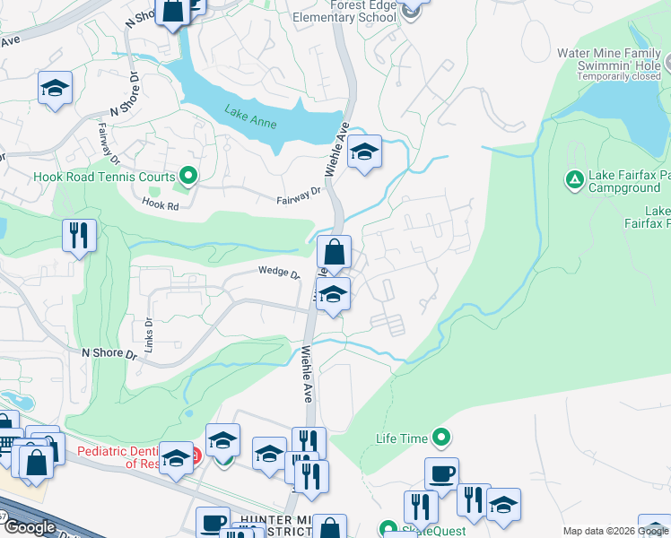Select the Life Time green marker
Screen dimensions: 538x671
pos(440,438)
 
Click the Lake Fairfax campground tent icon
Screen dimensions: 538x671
pos(575,180)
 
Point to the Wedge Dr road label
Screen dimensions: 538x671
pos(278,272)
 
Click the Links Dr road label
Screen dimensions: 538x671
pos(149,331)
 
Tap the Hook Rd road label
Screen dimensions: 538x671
pos(161,204)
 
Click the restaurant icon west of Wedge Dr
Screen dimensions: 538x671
pos(80,236)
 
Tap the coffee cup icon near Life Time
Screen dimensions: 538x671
pos(441,474)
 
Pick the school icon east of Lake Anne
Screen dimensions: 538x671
pos(364,152)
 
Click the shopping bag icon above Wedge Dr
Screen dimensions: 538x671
pos(334,253)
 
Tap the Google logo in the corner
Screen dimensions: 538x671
pos(30,527)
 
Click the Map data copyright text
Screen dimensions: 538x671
pos(615,531)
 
